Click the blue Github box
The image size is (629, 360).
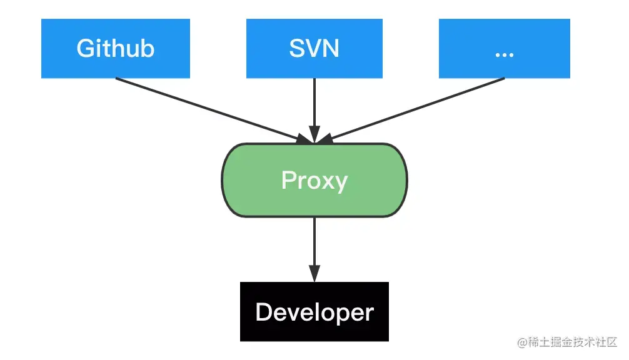tap(115, 48)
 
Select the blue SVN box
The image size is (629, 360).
tap(314, 48)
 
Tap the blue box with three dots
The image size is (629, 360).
tap(504, 48)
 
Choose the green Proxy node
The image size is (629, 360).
tap(314, 180)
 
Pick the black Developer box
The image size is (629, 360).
tap(314, 311)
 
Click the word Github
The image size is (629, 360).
tap(115, 49)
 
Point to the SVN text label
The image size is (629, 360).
tap(314, 49)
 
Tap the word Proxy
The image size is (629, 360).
tap(314, 181)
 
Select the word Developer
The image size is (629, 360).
tap(314, 312)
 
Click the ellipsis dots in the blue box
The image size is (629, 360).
tap(504, 54)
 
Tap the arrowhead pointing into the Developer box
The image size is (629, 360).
tap(314, 274)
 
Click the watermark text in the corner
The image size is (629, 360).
tap(568, 342)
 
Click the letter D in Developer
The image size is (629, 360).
tap(264, 312)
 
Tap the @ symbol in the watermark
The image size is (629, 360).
tap(523, 342)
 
